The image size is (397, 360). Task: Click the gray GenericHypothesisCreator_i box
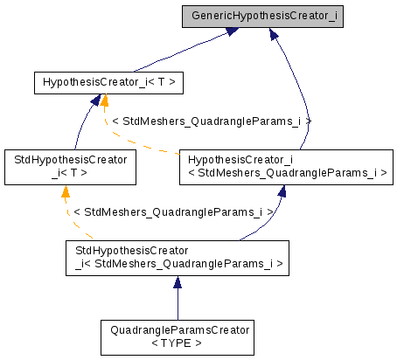click(261, 17)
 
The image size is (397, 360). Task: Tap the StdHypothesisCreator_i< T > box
click(70, 166)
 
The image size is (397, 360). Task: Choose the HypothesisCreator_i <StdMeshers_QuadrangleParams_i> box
click(282, 166)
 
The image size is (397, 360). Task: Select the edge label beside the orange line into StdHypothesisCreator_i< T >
click(174, 212)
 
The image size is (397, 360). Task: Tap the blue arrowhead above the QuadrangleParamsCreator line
click(178, 282)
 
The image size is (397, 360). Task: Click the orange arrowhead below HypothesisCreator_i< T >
click(104, 101)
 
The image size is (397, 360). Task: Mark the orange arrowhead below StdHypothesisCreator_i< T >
click(65, 190)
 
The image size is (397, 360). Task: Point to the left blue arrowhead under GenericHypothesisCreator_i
click(231, 31)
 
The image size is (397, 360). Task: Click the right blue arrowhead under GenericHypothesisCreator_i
click(274, 34)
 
